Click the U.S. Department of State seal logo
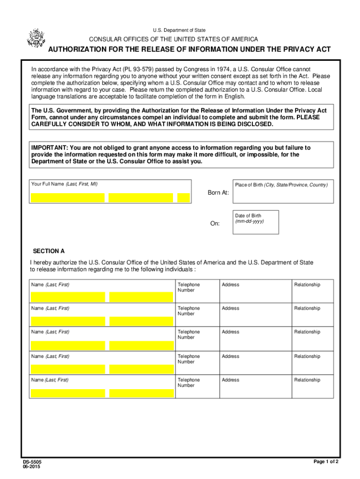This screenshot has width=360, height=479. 35,38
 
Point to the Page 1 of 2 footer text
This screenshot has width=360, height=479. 326,462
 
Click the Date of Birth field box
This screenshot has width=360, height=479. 256,222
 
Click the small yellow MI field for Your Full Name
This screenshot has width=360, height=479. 184,198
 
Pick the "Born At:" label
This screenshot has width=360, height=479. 218,193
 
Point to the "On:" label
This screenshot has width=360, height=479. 215,224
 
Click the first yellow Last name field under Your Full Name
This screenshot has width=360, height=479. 67,198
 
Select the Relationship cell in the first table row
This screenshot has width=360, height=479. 313,291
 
